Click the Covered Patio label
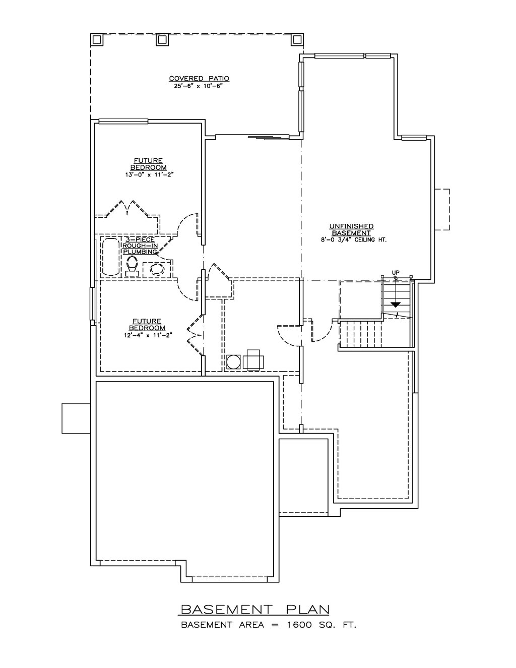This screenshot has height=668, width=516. coord(199,79)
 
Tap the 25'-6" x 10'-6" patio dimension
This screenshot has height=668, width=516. coord(198,86)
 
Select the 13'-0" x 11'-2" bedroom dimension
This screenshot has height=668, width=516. coord(150,175)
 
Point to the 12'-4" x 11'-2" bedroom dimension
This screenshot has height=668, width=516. coord(148,335)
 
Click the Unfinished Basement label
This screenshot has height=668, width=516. coord(351,229)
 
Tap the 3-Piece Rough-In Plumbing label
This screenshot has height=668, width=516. coord(140,246)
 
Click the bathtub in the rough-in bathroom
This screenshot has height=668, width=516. coord(111,257)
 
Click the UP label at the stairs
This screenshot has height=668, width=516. coord(396,272)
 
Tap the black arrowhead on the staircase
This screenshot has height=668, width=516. coord(396,305)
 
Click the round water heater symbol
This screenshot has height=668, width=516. coord(233,362)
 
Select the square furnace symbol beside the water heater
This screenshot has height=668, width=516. coord(253,359)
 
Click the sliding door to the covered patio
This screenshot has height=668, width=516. coord(252,137)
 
